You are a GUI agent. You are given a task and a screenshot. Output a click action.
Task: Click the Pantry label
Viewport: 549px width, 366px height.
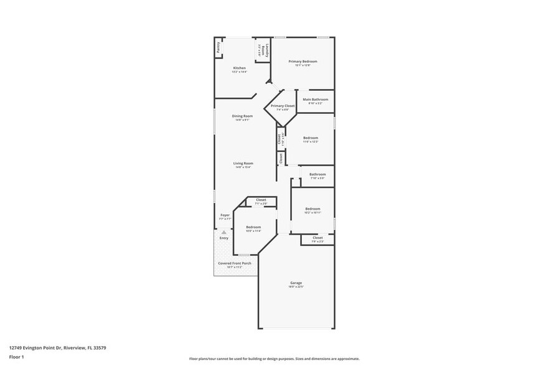click(x=218, y=47)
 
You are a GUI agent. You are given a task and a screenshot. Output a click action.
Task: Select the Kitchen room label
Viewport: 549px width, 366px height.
click(x=240, y=68)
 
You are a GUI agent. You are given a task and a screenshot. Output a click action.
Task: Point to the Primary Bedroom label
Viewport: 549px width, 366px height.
click(x=303, y=61)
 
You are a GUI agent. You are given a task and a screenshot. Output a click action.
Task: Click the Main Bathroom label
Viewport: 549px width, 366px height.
click(x=315, y=100)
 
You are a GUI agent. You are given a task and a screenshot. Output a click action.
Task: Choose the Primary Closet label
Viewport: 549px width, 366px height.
click(x=283, y=106)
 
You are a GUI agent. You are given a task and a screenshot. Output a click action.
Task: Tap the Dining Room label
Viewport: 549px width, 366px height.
click(x=242, y=116)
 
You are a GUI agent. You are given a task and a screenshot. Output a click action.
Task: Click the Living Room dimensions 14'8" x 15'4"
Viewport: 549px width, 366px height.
click(x=243, y=167)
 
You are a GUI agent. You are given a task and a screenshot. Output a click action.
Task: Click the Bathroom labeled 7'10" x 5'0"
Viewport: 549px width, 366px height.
click(x=317, y=174)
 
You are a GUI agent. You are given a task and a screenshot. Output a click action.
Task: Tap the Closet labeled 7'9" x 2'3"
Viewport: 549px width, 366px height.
click(x=317, y=238)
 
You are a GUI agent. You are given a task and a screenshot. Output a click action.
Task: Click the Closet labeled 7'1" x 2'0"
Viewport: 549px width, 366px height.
click(x=261, y=200)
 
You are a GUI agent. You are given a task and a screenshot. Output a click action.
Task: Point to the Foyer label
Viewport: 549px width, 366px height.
click(x=225, y=215)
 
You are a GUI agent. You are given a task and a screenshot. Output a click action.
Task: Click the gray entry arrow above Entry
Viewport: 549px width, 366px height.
click(x=223, y=232)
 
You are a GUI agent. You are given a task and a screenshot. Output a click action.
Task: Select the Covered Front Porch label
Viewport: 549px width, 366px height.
click(x=235, y=263)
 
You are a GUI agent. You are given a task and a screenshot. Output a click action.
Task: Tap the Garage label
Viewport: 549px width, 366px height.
click(x=296, y=283)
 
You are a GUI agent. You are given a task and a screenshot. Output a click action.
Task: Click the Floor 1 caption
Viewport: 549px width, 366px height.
click(x=16, y=357)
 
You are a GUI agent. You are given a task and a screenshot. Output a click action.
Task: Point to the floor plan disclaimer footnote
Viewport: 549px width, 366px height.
click(x=274, y=359)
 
